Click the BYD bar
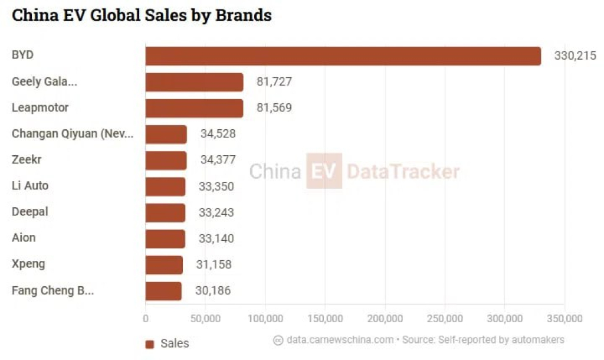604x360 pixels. click(x=343, y=56)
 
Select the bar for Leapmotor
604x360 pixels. click(x=195, y=109)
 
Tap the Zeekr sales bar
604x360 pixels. click(x=166, y=161)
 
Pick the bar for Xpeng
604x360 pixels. click(x=164, y=265)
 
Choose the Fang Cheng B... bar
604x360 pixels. click(x=164, y=291)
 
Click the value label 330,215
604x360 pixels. click(x=575, y=56)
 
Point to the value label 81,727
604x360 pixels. click(x=274, y=81)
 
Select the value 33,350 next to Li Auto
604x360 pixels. click(x=216, y=186)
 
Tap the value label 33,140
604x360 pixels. click(x=216, y=238)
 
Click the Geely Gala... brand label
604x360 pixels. click(x=44, y=81)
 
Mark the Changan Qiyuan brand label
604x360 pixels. click(x=73, y=134)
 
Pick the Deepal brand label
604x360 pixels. click(x=30, y=212)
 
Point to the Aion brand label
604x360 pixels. click(x=24, y=237)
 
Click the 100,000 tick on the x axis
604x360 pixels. click(x=265, y=319)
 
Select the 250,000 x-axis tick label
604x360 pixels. click(x=445, y=319)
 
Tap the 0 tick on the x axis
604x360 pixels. click(x=146, y=319)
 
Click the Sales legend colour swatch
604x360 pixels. click(x=150, y=344)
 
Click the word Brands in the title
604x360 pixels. click(x=244, y=15)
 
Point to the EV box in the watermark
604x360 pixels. click(x=324, y=171)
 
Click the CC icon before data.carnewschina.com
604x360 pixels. click(x=278, y=341)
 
